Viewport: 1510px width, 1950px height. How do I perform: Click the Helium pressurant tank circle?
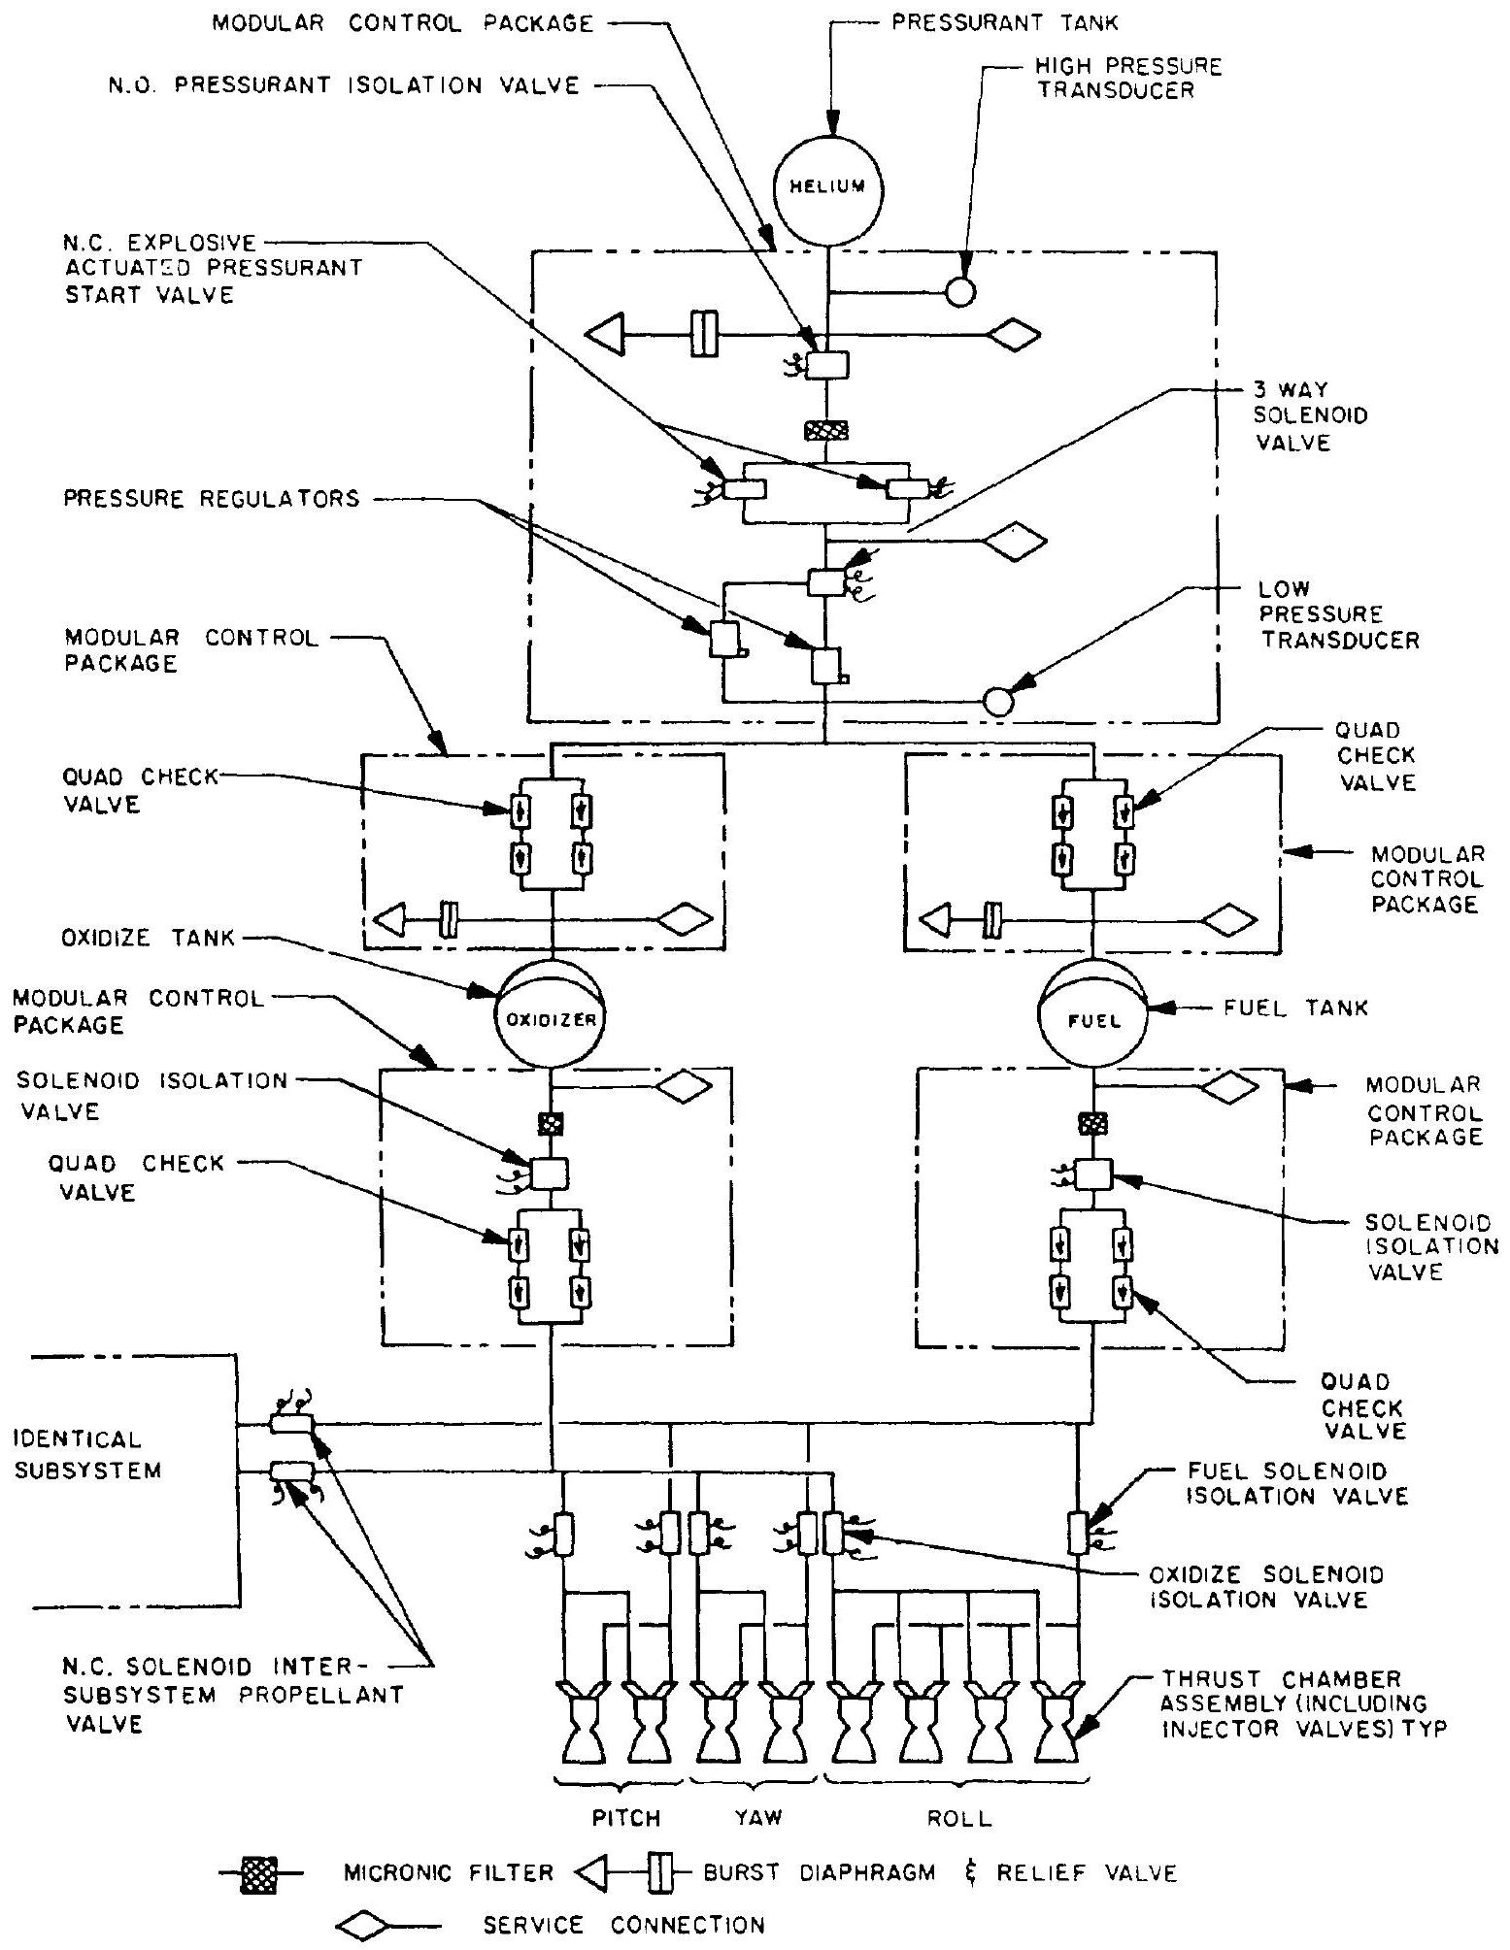point(827,186)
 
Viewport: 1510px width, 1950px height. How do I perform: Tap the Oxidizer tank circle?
point(551,1018)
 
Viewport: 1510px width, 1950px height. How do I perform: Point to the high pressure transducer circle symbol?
point(960,291)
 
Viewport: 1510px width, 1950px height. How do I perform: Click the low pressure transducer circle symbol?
point(997,699)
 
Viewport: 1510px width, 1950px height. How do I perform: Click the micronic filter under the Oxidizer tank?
point(551,1123)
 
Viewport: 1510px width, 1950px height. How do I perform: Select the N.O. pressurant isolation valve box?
point(827,365)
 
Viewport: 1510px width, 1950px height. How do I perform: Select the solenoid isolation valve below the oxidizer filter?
point(549,1173)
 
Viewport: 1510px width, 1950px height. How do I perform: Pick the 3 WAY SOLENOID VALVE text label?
point(1310,415)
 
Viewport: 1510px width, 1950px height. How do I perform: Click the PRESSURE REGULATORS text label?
point(212,499)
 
